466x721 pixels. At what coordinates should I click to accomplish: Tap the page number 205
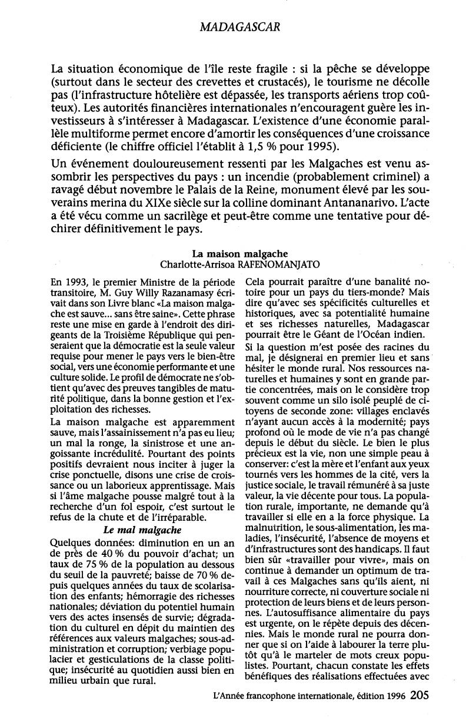(420, 694)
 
